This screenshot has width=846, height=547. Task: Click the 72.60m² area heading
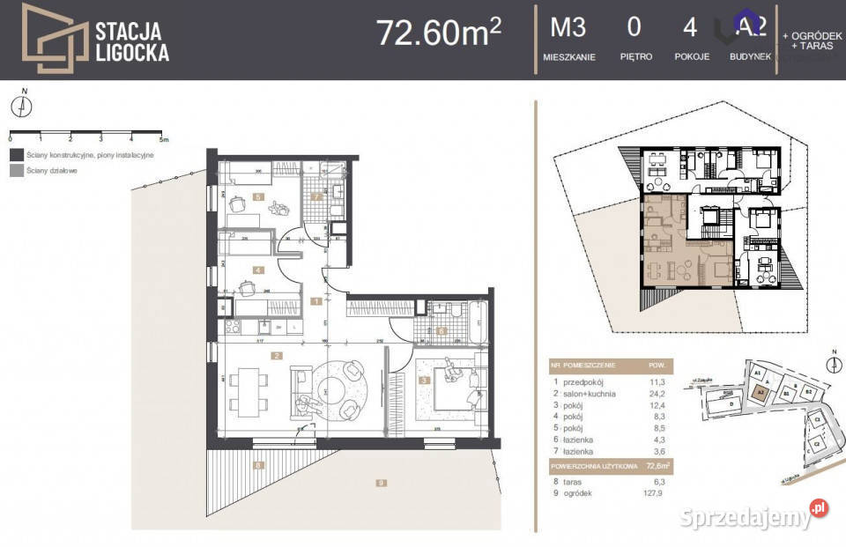click(439, 33)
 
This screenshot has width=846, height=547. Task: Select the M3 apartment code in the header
click(568, 28)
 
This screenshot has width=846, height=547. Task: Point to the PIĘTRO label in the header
click(635, 57)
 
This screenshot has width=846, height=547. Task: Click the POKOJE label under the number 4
click(692, 57)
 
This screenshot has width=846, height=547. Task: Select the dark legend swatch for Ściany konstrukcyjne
click(16, 155)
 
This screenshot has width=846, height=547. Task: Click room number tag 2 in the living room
click(277, 356)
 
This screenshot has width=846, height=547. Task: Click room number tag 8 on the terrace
click(258, 464)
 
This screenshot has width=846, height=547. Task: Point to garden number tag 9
click(381, 482)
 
